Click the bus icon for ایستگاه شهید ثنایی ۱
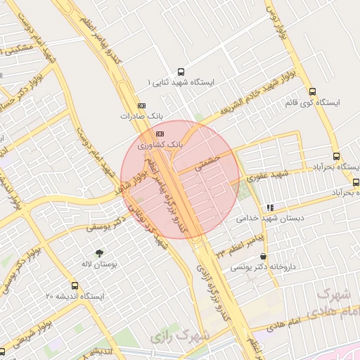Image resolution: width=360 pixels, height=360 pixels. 181,72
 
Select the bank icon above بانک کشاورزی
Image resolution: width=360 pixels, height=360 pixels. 160,133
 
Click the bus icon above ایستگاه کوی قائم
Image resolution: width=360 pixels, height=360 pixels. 312,91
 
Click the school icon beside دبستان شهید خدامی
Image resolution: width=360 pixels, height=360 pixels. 270,207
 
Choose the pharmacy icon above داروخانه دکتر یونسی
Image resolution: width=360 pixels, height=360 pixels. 262,257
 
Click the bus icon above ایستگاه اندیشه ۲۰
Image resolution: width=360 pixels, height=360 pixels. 75,286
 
